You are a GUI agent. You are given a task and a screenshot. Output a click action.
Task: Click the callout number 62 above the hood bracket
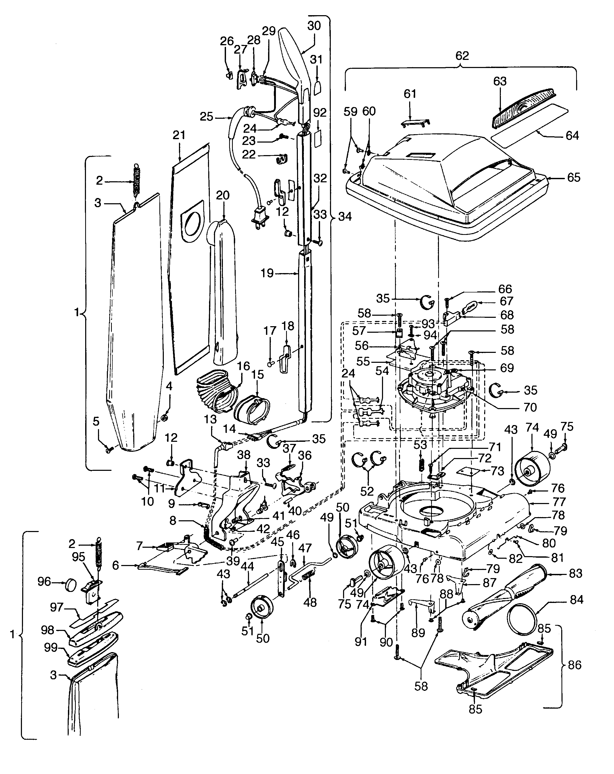click(462, 56)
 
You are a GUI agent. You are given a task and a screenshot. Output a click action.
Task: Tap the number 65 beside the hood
click(574, 177)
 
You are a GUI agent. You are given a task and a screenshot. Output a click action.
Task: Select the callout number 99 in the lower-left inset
click(51, 648)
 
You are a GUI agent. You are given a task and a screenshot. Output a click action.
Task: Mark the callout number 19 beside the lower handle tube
click(267, 274)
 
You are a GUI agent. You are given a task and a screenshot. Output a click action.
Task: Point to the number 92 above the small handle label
click(320, 113)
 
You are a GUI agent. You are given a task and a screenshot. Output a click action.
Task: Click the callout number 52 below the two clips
click(367, 491)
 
